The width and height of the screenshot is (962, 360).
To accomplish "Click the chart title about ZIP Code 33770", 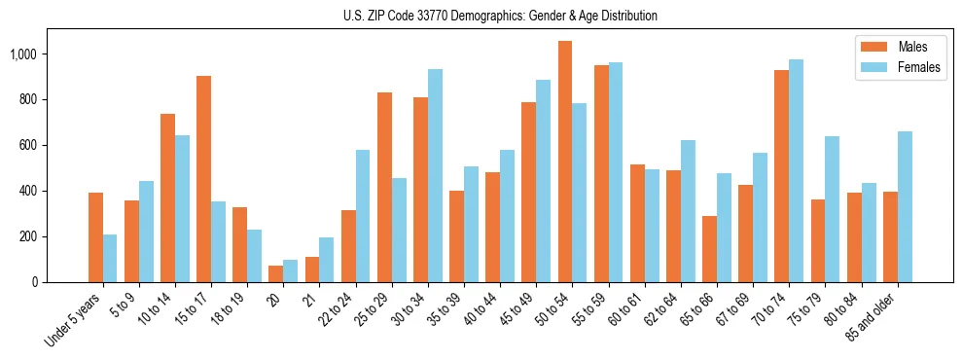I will pos(500,16).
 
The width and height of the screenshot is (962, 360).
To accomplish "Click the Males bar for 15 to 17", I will pos(203,179).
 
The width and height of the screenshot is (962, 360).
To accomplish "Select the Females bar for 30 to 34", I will pos(435,175).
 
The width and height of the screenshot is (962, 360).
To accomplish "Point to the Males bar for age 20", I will pos(275,273).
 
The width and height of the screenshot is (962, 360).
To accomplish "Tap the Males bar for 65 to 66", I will pos(709,249).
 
